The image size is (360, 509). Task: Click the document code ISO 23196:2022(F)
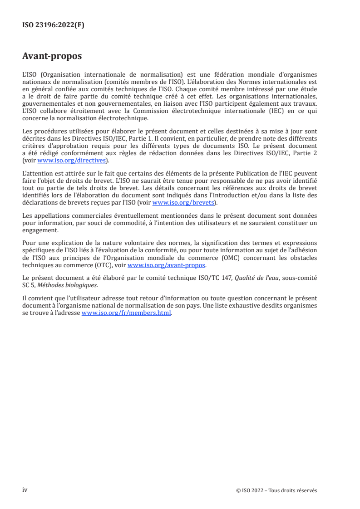coord(53,25)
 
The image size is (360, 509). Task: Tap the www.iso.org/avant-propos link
coord(167,265)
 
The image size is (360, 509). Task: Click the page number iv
coord(25,490)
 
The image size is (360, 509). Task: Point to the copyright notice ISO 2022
coord(276,490)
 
